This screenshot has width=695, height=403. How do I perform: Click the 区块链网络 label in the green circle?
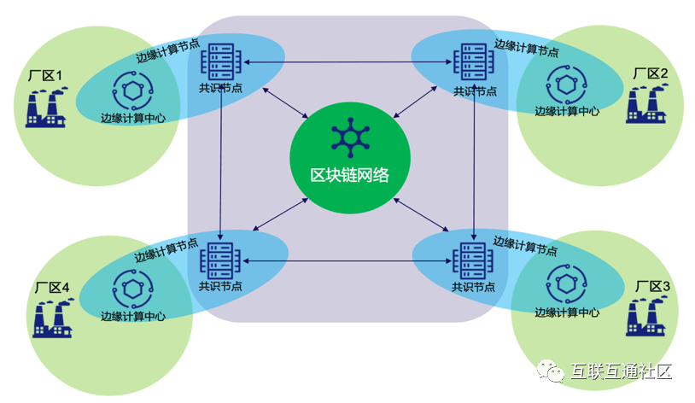tap(349, 175)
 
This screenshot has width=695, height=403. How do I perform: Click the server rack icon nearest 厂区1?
tap(216, 61)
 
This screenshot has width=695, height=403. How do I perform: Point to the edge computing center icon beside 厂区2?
tap(566, 84)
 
